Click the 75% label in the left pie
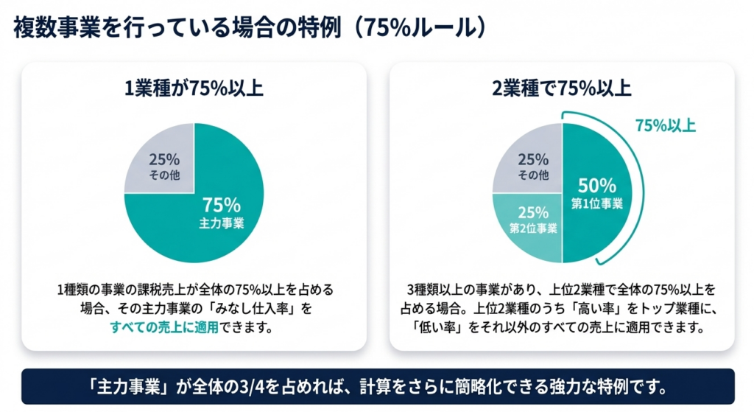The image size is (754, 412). [219, 204]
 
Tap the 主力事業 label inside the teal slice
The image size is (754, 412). [220, 222]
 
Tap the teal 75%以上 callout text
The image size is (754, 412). [666, 125]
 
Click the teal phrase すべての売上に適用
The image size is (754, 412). [164, 327]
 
